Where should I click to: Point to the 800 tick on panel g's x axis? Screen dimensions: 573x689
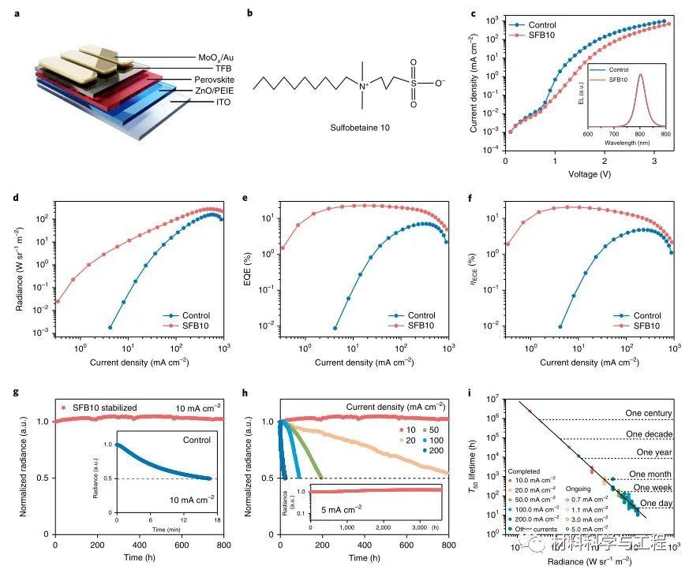223,545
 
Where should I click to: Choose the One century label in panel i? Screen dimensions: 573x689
650,413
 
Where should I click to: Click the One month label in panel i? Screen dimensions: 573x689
650,474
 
